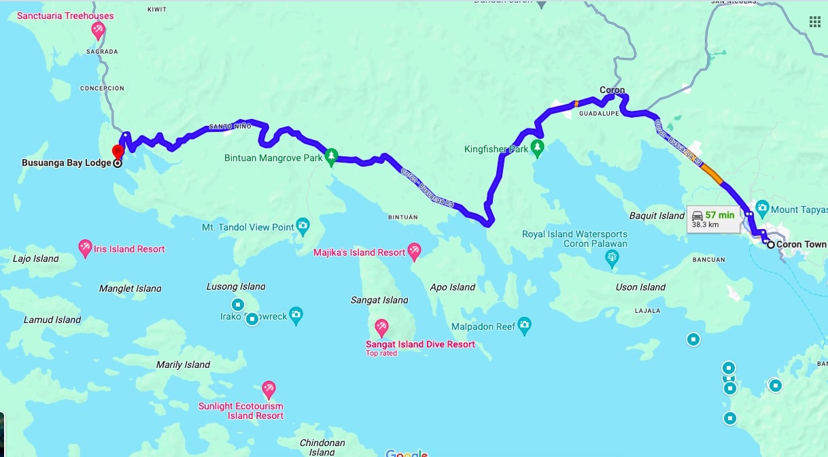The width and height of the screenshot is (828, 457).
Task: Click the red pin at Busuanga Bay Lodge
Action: [118, 151]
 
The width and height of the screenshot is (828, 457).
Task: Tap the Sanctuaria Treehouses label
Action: [65, 16]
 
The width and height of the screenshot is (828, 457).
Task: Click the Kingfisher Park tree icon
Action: [538, 148]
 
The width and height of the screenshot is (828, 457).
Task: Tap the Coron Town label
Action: [801, 244]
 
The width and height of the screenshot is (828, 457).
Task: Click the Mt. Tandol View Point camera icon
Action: [303, 225]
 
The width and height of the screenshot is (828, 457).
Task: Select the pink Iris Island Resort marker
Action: [86, 248]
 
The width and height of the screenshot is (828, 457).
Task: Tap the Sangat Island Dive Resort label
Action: [420, 344]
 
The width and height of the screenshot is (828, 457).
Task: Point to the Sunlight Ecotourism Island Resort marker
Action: [269, 389]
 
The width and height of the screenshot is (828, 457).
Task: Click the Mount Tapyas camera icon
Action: [762, 207]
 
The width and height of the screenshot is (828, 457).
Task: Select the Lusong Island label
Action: [236, 286]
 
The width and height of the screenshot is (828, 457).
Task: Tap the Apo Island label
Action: [453, 287]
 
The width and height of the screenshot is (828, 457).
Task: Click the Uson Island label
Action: [640, 287]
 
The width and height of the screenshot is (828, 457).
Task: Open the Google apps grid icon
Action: [814, 22]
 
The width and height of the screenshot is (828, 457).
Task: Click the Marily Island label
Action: [183, 365]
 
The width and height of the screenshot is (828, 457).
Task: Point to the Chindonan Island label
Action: [322, 447]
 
